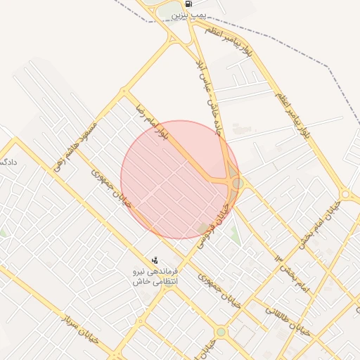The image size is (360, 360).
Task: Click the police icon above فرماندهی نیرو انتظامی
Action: pyautogui.click(x=155, y=260)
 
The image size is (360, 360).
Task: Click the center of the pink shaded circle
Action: pyautogui.click(x=180, y=179)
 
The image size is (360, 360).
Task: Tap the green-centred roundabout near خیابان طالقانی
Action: pyautogui.click(x=221, y=331)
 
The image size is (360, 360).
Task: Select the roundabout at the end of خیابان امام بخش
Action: pyautogui.click(x=345, y=194)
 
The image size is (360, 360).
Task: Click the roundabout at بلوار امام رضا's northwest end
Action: pyautogui.click(x=124, y=91)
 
